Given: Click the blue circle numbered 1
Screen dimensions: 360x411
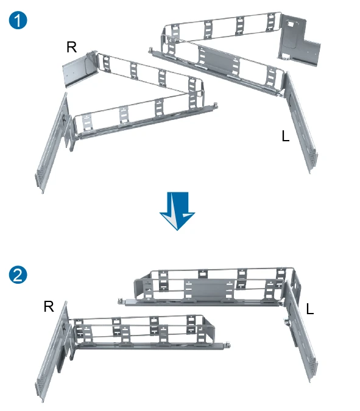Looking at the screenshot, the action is [18, 20].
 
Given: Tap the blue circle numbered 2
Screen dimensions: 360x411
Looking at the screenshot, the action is [18, 275].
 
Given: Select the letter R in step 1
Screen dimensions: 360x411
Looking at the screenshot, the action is [72, 47].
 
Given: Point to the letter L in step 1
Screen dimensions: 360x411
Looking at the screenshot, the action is [286, 136].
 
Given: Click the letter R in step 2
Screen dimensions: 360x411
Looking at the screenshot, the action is [49, 306].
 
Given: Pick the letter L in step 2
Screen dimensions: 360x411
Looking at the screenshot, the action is [310, 309].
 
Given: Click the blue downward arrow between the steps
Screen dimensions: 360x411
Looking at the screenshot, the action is [177, 211].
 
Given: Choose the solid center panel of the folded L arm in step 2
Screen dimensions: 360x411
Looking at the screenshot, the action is [209, 289].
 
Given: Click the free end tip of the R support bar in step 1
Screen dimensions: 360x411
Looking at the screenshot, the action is [215, 105].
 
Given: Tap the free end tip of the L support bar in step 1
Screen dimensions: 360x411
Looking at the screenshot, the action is [150, 50].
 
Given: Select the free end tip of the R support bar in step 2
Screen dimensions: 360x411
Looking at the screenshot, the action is [228, 345].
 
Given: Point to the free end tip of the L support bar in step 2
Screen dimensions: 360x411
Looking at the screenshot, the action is [119, 301].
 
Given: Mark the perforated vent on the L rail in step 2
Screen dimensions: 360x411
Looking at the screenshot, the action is [313, 364].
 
